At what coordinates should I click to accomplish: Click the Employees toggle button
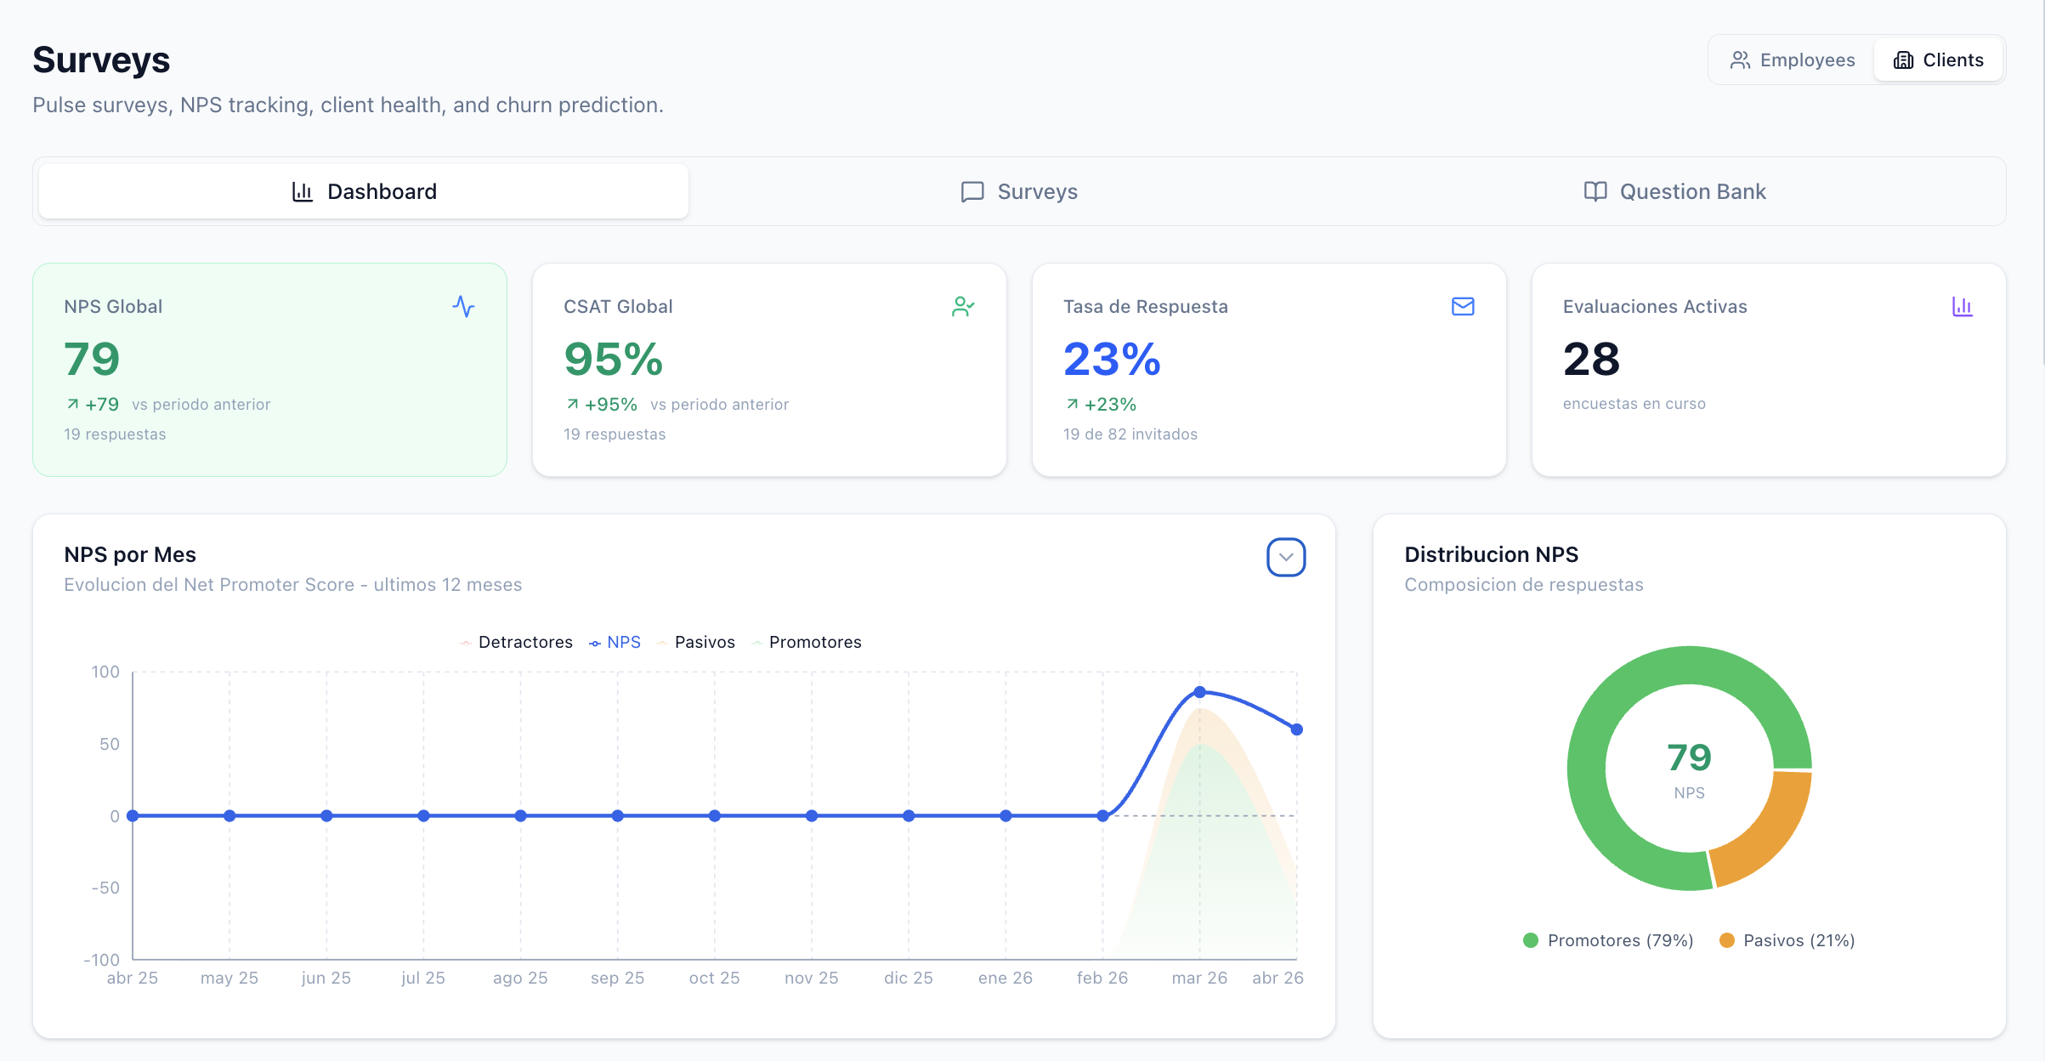pyautogui.click(x=1792, y=60)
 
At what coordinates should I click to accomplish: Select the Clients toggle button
pyautogui.click(x=1938, y=60)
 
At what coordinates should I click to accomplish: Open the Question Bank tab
pyautogui.click(x=1674, y=191)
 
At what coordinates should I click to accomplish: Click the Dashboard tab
pyautogui.click(x=364, y=191)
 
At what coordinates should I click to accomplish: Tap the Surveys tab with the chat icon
pyautogui.click(x=1019, y=191)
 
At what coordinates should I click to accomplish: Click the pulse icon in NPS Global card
pyautogui.click(x=463, y=306)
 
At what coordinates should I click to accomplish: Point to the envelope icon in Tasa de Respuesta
pyautogui.click(x=1462, y=306)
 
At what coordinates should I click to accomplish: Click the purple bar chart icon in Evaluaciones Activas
pyautogui.click(x=1962, y=306)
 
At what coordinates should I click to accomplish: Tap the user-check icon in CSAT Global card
pyautogui.click(x=962, y=306)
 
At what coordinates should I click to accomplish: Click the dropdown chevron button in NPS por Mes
pyautogui.click(x=1285, y=558)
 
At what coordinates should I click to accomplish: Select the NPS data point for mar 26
pyautogui.click(x=1199, y=692)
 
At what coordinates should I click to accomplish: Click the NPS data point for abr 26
pyautogui.click(x=1296, y=729)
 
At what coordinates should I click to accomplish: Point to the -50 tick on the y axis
pyautogui.click(x=105, y=888)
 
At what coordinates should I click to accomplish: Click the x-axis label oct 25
pyautogui.click(x=714, y=978)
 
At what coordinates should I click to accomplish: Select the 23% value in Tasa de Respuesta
pyautogui.click(x=1112, y=359)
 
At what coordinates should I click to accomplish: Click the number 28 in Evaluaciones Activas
pyautogui.click(x=1591, y=359)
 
